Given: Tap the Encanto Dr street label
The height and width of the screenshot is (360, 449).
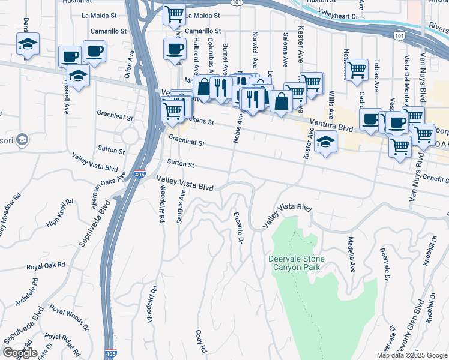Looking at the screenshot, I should [x=238, y=227].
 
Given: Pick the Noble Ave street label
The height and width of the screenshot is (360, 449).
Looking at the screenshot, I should [x=240, y=128].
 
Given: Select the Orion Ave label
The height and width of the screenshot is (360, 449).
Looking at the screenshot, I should [x=131, y=60].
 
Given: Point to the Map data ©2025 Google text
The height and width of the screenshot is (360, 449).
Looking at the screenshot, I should [x=412, y=355].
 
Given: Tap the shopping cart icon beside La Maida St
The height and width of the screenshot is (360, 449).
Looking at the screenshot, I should [x=174, y=13].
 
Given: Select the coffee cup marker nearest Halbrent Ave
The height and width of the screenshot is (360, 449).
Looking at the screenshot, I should [x=175, y=49].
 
